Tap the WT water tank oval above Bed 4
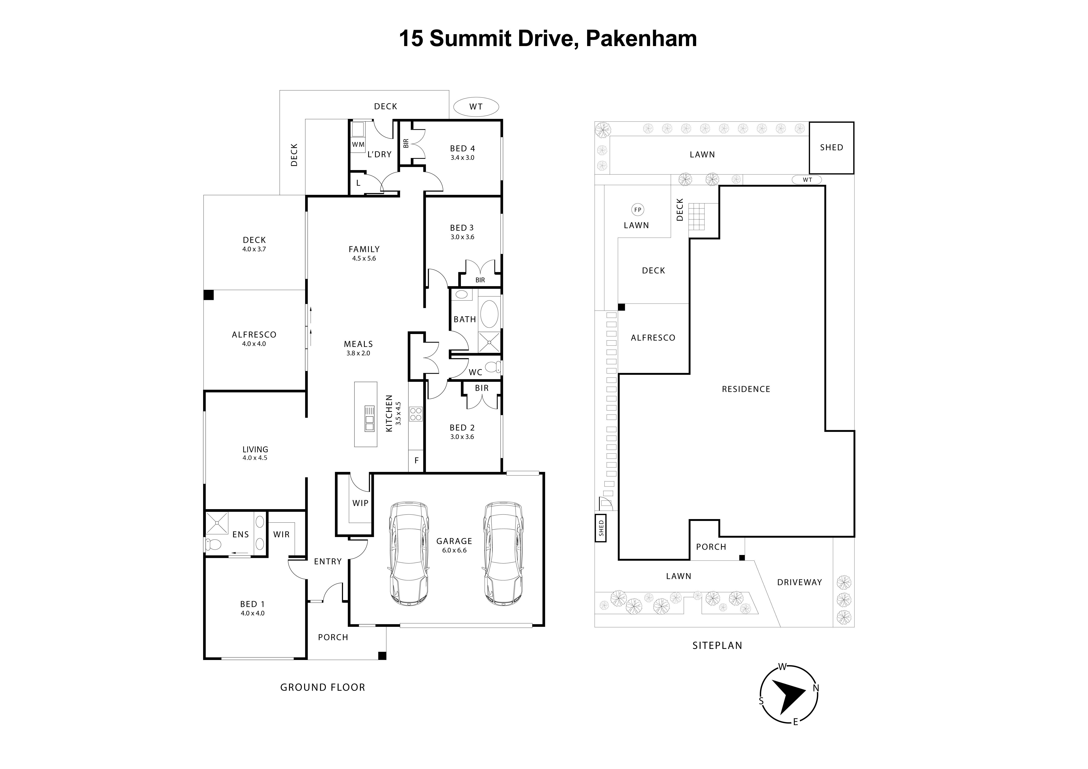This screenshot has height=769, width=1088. click(476, 107)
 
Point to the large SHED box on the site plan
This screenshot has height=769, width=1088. click(831, 147)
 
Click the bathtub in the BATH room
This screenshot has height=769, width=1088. click(489, 313)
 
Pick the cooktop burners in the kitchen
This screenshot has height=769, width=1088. click(416, 414)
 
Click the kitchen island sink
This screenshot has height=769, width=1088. click(369, 418)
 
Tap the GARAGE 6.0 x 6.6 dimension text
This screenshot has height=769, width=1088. click(454, 550)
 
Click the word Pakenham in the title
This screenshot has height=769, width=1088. click(641, 38)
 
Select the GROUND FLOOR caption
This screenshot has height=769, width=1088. click(323, 687)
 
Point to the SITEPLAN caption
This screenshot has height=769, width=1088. click(717, 645)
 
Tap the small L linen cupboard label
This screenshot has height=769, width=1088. click(358, 183)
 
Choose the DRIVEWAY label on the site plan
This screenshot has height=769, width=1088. click(800, 582)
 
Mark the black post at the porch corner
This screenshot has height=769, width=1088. click(382, 656)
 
